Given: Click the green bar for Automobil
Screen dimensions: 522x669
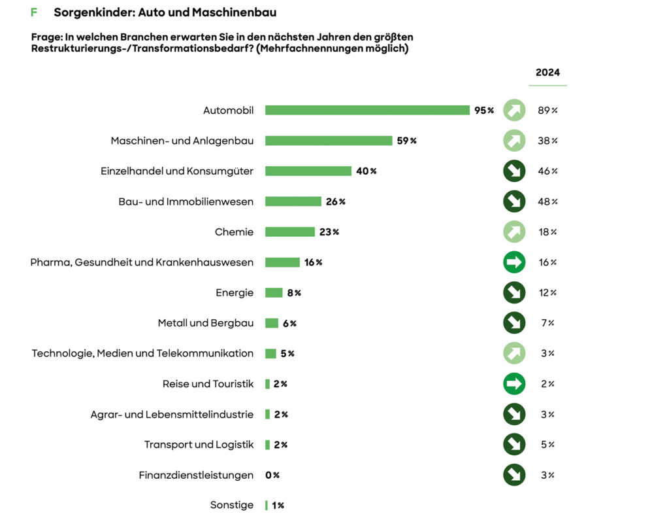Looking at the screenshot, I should point(367,111).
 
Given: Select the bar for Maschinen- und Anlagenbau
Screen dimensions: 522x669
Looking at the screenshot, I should point(329,141).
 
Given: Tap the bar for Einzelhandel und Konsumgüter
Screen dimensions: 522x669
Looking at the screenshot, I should point(308,171).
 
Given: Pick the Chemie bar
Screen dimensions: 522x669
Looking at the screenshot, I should point(290,232).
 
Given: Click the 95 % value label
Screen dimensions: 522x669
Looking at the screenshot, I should point(484,111).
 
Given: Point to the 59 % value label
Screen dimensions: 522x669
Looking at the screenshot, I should point(406,141).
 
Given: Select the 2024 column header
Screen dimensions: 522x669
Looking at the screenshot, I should point(547,73).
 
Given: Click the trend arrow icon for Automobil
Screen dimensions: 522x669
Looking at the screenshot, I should point(514,111).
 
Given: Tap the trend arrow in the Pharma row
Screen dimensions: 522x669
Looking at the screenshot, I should point(514,262).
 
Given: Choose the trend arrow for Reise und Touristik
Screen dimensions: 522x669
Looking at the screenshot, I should point(514,384).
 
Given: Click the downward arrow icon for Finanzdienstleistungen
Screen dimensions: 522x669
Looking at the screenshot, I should point(514,475).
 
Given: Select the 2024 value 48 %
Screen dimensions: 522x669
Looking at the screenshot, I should point(547,201).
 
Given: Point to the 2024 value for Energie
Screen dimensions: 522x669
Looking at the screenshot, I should point(547,292).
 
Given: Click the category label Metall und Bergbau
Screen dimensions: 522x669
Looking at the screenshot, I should point(205,323).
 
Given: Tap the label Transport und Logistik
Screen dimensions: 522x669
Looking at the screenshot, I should point(199,445).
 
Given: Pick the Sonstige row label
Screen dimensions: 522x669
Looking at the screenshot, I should point(231,505).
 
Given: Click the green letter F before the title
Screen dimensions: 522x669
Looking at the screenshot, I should point(34,12).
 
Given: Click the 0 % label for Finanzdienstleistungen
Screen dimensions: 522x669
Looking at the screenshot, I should point(272,475).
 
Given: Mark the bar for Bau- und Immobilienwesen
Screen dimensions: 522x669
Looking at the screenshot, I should point(293,201).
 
